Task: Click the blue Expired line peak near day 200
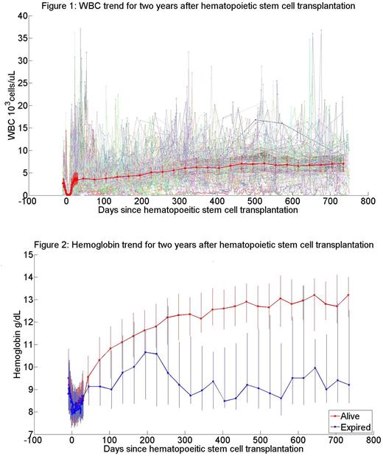point(145,352)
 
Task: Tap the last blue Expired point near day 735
point(348,385)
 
